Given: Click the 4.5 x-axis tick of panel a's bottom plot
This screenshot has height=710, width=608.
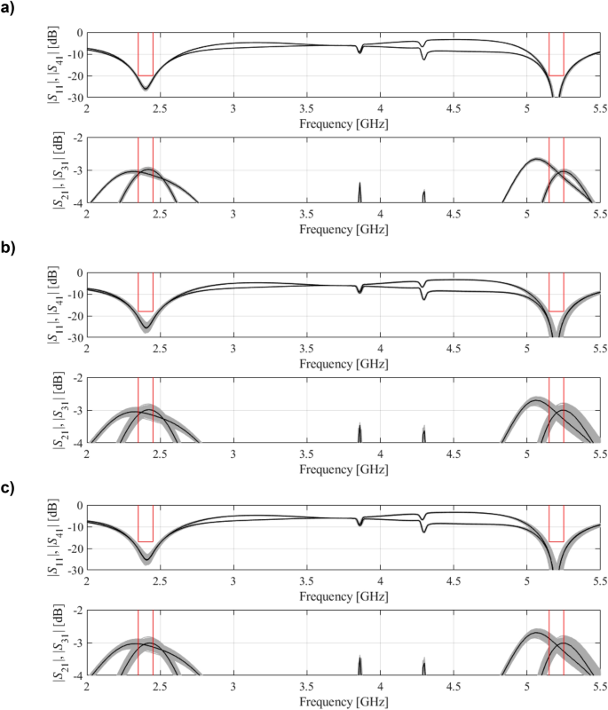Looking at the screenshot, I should click(x=454, y=214).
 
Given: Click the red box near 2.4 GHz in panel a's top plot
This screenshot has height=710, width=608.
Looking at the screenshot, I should click(x=146, y=55).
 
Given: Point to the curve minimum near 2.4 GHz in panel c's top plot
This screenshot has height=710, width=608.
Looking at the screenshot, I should click(x=146, y=560).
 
